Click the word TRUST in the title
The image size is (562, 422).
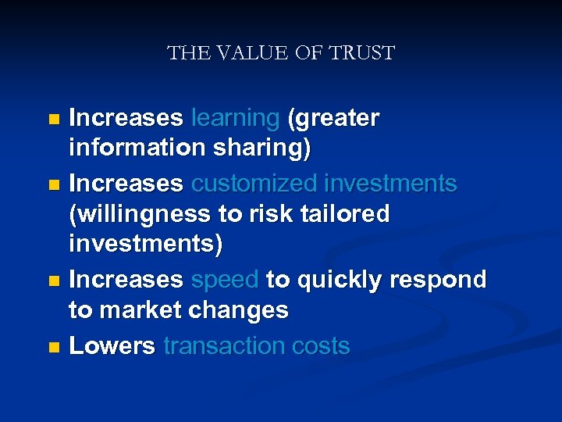coord(363,54)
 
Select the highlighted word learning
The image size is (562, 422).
coord(235,119)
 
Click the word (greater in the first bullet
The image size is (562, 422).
coord(333,119)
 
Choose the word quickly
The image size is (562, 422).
coord(340,280)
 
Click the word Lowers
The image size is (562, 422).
coord(112,346)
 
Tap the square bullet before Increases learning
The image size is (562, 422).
coord(53,120)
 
